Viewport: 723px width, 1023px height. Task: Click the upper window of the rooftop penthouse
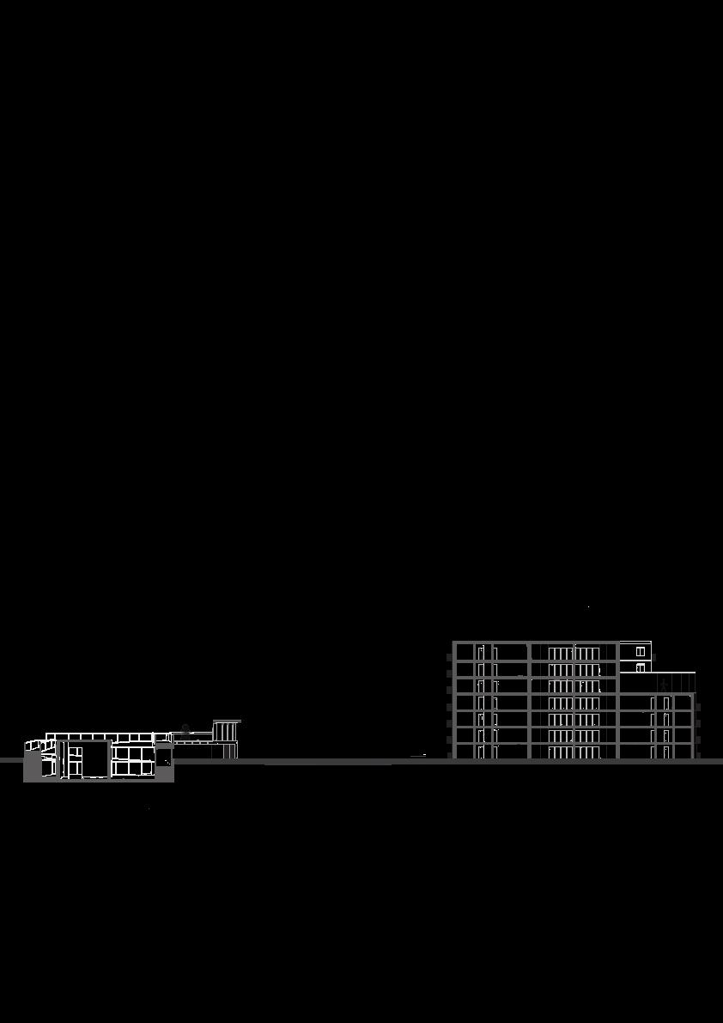(x=641, y=652)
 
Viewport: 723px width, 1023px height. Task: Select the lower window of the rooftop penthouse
(x=641, y=667)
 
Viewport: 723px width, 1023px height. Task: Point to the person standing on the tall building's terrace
(x=663, y=684)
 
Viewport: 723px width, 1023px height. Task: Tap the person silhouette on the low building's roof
(x=185, y=728)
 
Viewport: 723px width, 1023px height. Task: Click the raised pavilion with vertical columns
(x=226, y=739)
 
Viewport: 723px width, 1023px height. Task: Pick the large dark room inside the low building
(x=88, y=759)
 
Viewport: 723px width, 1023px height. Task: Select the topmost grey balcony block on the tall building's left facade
(x=449, y=658)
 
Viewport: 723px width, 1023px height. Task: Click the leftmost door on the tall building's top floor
(x=481, y=652)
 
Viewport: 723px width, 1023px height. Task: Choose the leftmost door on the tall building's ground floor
(x=481, y=752)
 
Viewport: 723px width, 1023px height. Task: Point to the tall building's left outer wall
(x=453, y=700)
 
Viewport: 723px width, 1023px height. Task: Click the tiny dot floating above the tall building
(x=588, y=607)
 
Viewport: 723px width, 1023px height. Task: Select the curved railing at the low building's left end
(x=34, y=744)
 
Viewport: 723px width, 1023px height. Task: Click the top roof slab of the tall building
(x=532, y=642)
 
